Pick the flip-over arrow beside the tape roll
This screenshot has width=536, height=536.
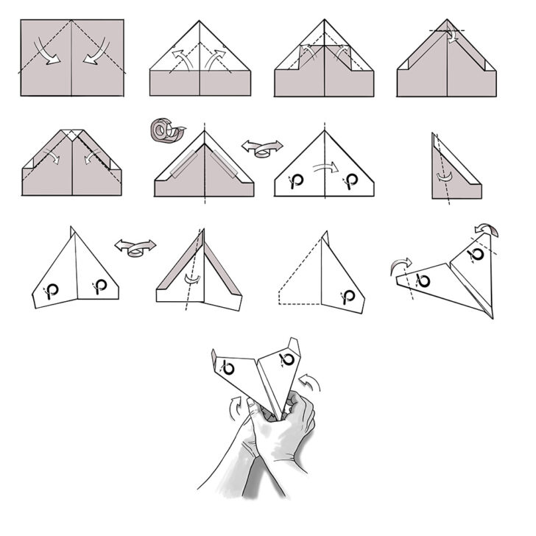coord(262,146)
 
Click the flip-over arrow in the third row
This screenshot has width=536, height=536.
coord(135,246)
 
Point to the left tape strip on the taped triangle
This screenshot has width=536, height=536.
coord(182,161)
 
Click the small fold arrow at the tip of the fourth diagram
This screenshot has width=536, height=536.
coord(451,35)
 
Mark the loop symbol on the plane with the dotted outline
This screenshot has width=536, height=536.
coord(348,295)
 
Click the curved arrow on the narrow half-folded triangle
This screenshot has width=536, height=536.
coord(444,177)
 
